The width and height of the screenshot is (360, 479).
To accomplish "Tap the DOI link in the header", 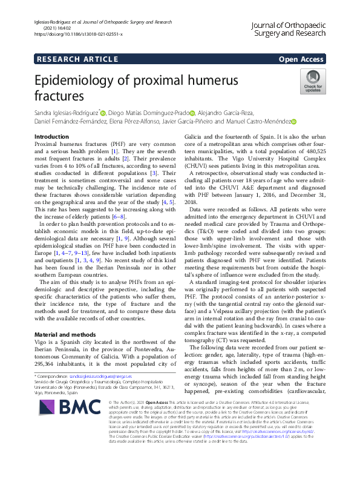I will click(76, 34).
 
